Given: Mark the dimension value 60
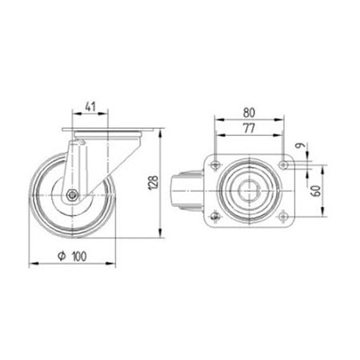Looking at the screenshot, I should pyautogui.click(x=318, y=193).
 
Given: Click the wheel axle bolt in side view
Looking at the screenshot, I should pyautogui.click(x=72, y=195).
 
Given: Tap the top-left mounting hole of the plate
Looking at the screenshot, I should pyautogui.click(x=214, y=165).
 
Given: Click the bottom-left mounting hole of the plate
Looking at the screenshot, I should pyautogui.click(x=214, y=219).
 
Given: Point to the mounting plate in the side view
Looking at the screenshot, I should pyautogui.click(x=102, y=130).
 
